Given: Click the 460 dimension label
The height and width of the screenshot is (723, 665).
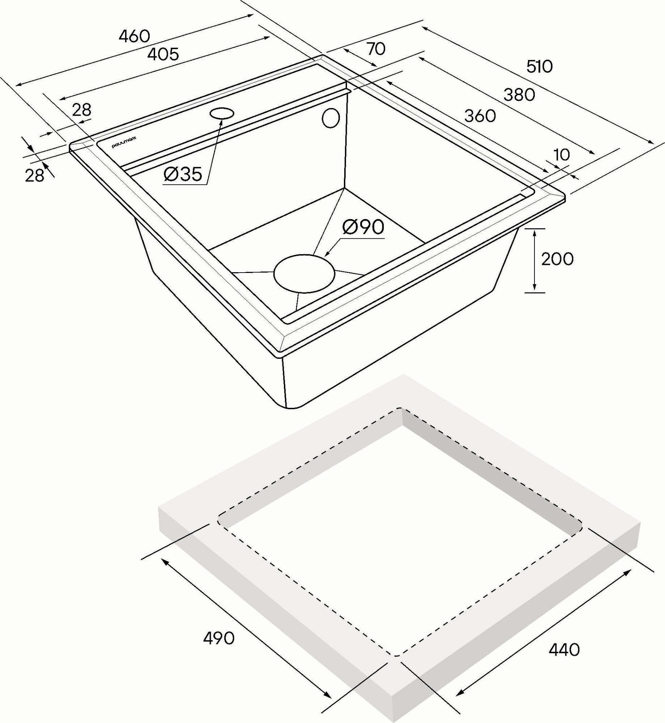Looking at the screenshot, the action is tap(134, 36).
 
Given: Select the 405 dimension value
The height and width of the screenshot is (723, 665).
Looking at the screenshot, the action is tap(163, 54).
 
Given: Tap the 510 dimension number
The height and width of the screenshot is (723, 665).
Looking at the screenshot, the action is tap(540, 67).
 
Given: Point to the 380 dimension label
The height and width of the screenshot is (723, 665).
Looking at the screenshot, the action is tap(519, 95).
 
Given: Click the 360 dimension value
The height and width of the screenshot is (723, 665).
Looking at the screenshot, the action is tap(480, 116).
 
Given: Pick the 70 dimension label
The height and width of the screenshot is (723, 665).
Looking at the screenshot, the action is tap(376, 49).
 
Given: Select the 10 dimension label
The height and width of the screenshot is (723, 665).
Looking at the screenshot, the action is tap(562, 155).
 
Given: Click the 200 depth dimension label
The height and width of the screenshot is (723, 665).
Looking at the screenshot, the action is tap(557, 259).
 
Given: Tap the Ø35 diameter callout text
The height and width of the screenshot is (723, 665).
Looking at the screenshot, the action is tap(183, 175).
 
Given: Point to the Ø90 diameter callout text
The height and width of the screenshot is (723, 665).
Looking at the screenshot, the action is tap(363, 227).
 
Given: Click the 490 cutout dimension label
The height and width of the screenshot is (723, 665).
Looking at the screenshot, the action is tap(219, 639).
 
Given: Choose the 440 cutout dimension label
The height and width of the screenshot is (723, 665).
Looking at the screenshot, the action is tap(564, 650).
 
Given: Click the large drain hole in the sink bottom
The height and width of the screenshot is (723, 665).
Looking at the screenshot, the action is tap(304, 274).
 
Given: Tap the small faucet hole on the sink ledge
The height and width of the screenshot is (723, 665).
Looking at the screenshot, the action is tap(222, 113).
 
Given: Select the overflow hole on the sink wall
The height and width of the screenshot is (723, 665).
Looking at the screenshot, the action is tap(331, 118).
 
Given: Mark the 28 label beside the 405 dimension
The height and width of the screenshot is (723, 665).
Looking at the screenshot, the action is tap(82, 110).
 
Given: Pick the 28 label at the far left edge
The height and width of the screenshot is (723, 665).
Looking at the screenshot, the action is tap(34, 175).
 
